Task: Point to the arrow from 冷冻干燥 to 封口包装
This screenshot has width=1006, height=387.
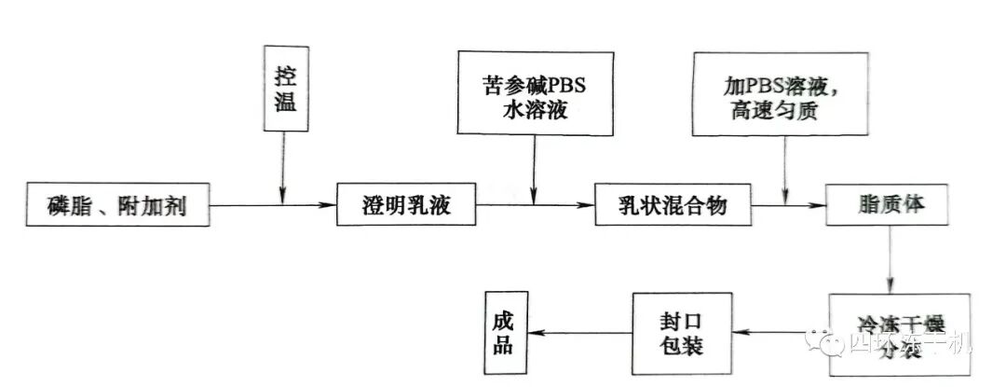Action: (773, 333)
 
